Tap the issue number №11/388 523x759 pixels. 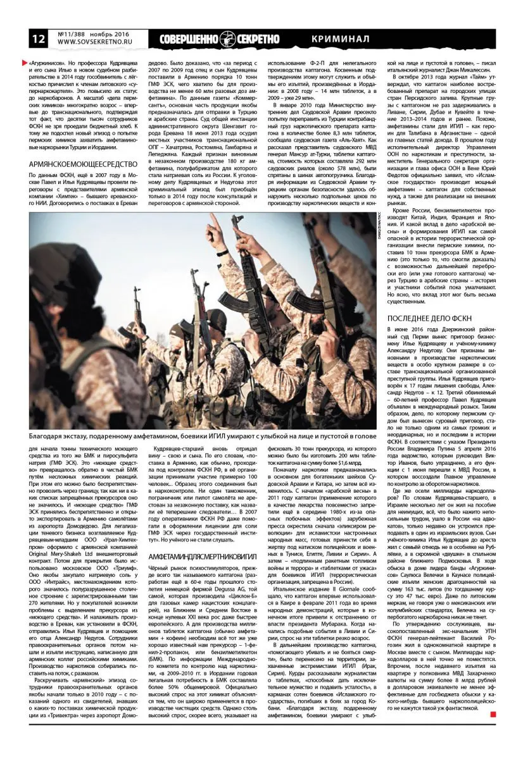click(72, 34)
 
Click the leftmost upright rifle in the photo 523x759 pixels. click(136, 316)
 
